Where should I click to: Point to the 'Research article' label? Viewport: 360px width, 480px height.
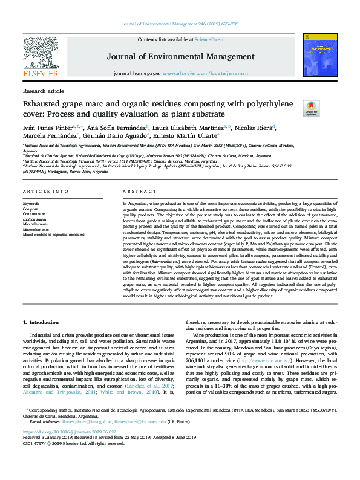tap(43, 91)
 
